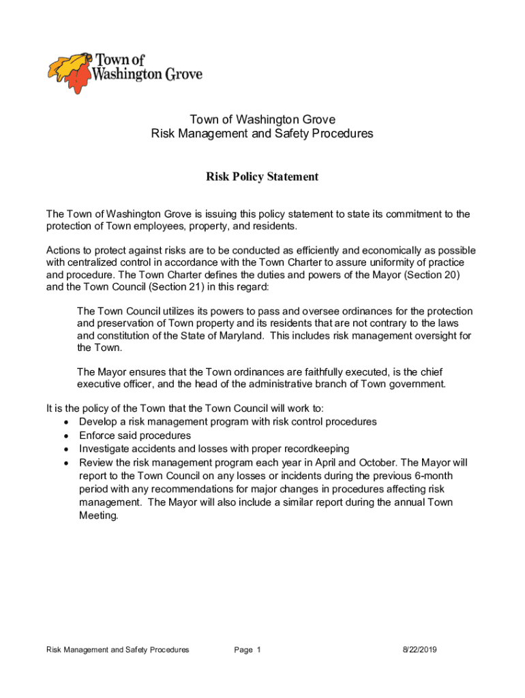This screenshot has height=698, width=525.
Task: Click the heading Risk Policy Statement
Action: (x=262, y=177)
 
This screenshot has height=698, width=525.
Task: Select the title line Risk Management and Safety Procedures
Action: (x=262, y=134)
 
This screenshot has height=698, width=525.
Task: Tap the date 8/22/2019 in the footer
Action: (x=419, y=650)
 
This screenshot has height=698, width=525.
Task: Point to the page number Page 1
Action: (x=247, y=650)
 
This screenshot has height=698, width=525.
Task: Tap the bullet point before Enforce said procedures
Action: (x=65, y=436)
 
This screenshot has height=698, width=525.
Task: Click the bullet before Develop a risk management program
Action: (x=65, y=422)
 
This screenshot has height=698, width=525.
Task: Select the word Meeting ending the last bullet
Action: (x=98, y=516)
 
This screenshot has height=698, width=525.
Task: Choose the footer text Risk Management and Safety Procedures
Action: (x=117, y=650)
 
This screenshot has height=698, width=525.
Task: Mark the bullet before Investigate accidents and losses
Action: (x=65, y=449)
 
